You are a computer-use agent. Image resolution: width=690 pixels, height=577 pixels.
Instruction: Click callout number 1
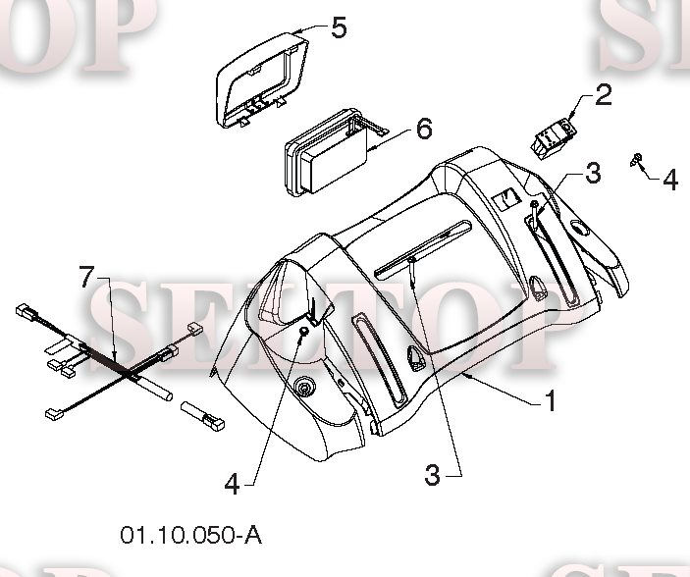point(552,400)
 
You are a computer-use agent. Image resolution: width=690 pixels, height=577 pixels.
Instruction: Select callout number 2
point(603,95)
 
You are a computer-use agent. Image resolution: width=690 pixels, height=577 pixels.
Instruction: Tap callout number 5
point(338,27)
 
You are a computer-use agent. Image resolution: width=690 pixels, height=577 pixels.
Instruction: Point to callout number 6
point(423,129)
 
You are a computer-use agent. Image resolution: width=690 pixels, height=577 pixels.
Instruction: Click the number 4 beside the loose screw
point(669,180)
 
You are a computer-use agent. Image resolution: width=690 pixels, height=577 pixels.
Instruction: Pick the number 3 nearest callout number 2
point(592,173)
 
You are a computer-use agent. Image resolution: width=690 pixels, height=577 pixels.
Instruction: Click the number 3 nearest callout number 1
point(433,475)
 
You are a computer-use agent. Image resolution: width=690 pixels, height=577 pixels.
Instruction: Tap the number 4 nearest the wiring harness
point(233,483)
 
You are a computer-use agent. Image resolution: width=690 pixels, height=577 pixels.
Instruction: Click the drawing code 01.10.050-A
point(191,535)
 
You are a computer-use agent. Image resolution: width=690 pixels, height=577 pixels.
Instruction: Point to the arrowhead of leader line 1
point(465,373)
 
